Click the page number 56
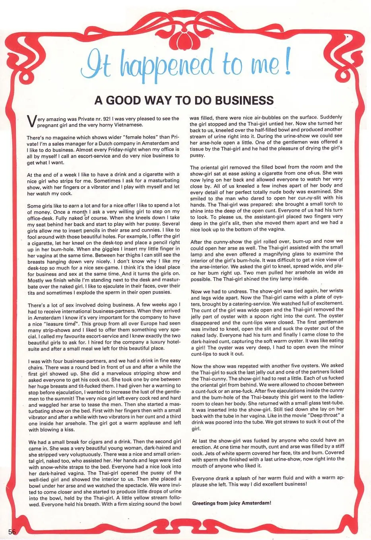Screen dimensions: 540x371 [11, 532]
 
